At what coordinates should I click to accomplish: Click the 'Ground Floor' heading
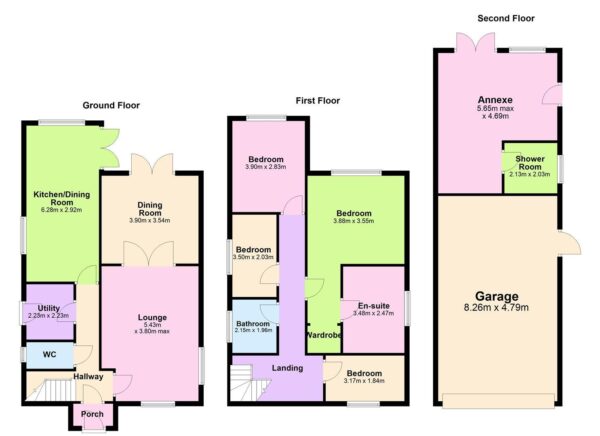pos(111,105)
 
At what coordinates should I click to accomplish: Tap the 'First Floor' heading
pos(319,101)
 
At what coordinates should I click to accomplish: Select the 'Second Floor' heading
pos(506,18)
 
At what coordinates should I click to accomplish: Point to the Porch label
pos(92,414)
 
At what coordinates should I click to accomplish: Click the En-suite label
pos(374,305)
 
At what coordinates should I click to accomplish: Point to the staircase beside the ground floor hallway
pos(46,388)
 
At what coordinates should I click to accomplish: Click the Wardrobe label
pos(324,335)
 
